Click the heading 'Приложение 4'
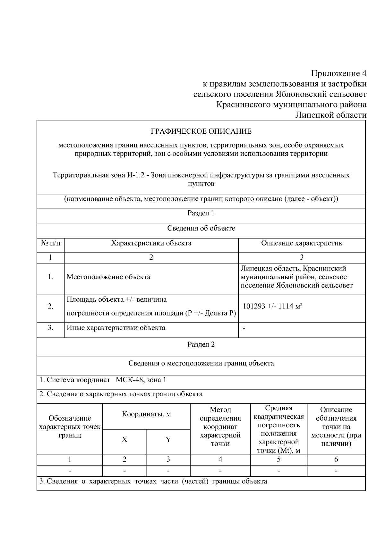pyautogui.click(x=338, y=73)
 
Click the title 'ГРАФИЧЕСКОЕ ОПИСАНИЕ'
pyautogui.click(x=201, y=131)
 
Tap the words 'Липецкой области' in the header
pyautogui.click(x=330, y=115)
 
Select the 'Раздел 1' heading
pyautogui.click(x=201, y=213)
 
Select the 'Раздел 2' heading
pyautogui.click(x=201, y=345)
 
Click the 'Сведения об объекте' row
pyautogui.click(x=201, y=228)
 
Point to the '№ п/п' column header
pyautogui.click(x=51, y=243)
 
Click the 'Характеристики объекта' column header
pyautogui.click(x=151, y=243)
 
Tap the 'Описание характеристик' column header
pyautogui.click(x=302, y=243)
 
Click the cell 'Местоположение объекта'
pyautogui.click(x=108, y=277)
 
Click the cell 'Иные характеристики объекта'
pyautogui.click(x=116, y=328)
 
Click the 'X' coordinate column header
pyautogui.click(x=124, y=439)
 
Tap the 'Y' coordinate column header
pyautogui.click(x=168, y=439)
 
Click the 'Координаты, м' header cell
pyautogui.click(x=146, y=414)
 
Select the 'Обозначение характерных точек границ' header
pyautogui.click(x=70, y=427)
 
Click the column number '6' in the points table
pyautogui.click(x=336, y=459)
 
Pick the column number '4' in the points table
pyautogui.click(x=220, y=459)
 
